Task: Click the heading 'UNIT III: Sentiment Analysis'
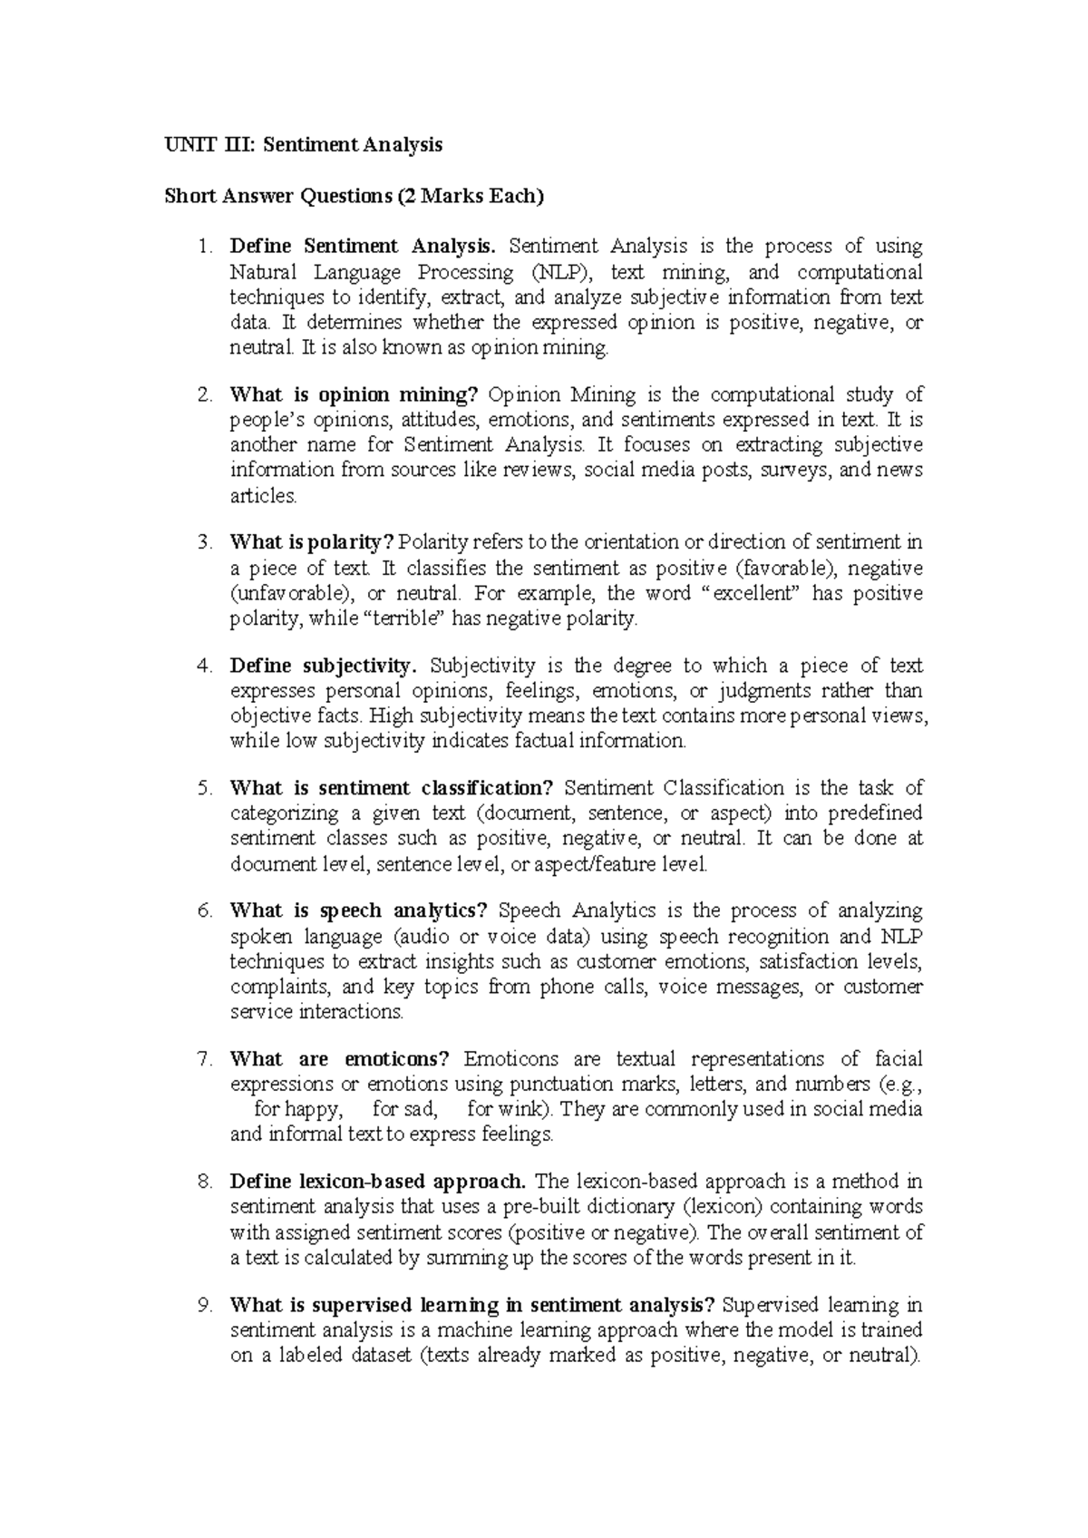303,144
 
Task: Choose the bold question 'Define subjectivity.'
324,666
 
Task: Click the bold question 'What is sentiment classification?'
392,788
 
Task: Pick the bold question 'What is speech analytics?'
359,910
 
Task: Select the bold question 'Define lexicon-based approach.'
378,1182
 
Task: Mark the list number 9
204,1306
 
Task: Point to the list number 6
204,910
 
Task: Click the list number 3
204,542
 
